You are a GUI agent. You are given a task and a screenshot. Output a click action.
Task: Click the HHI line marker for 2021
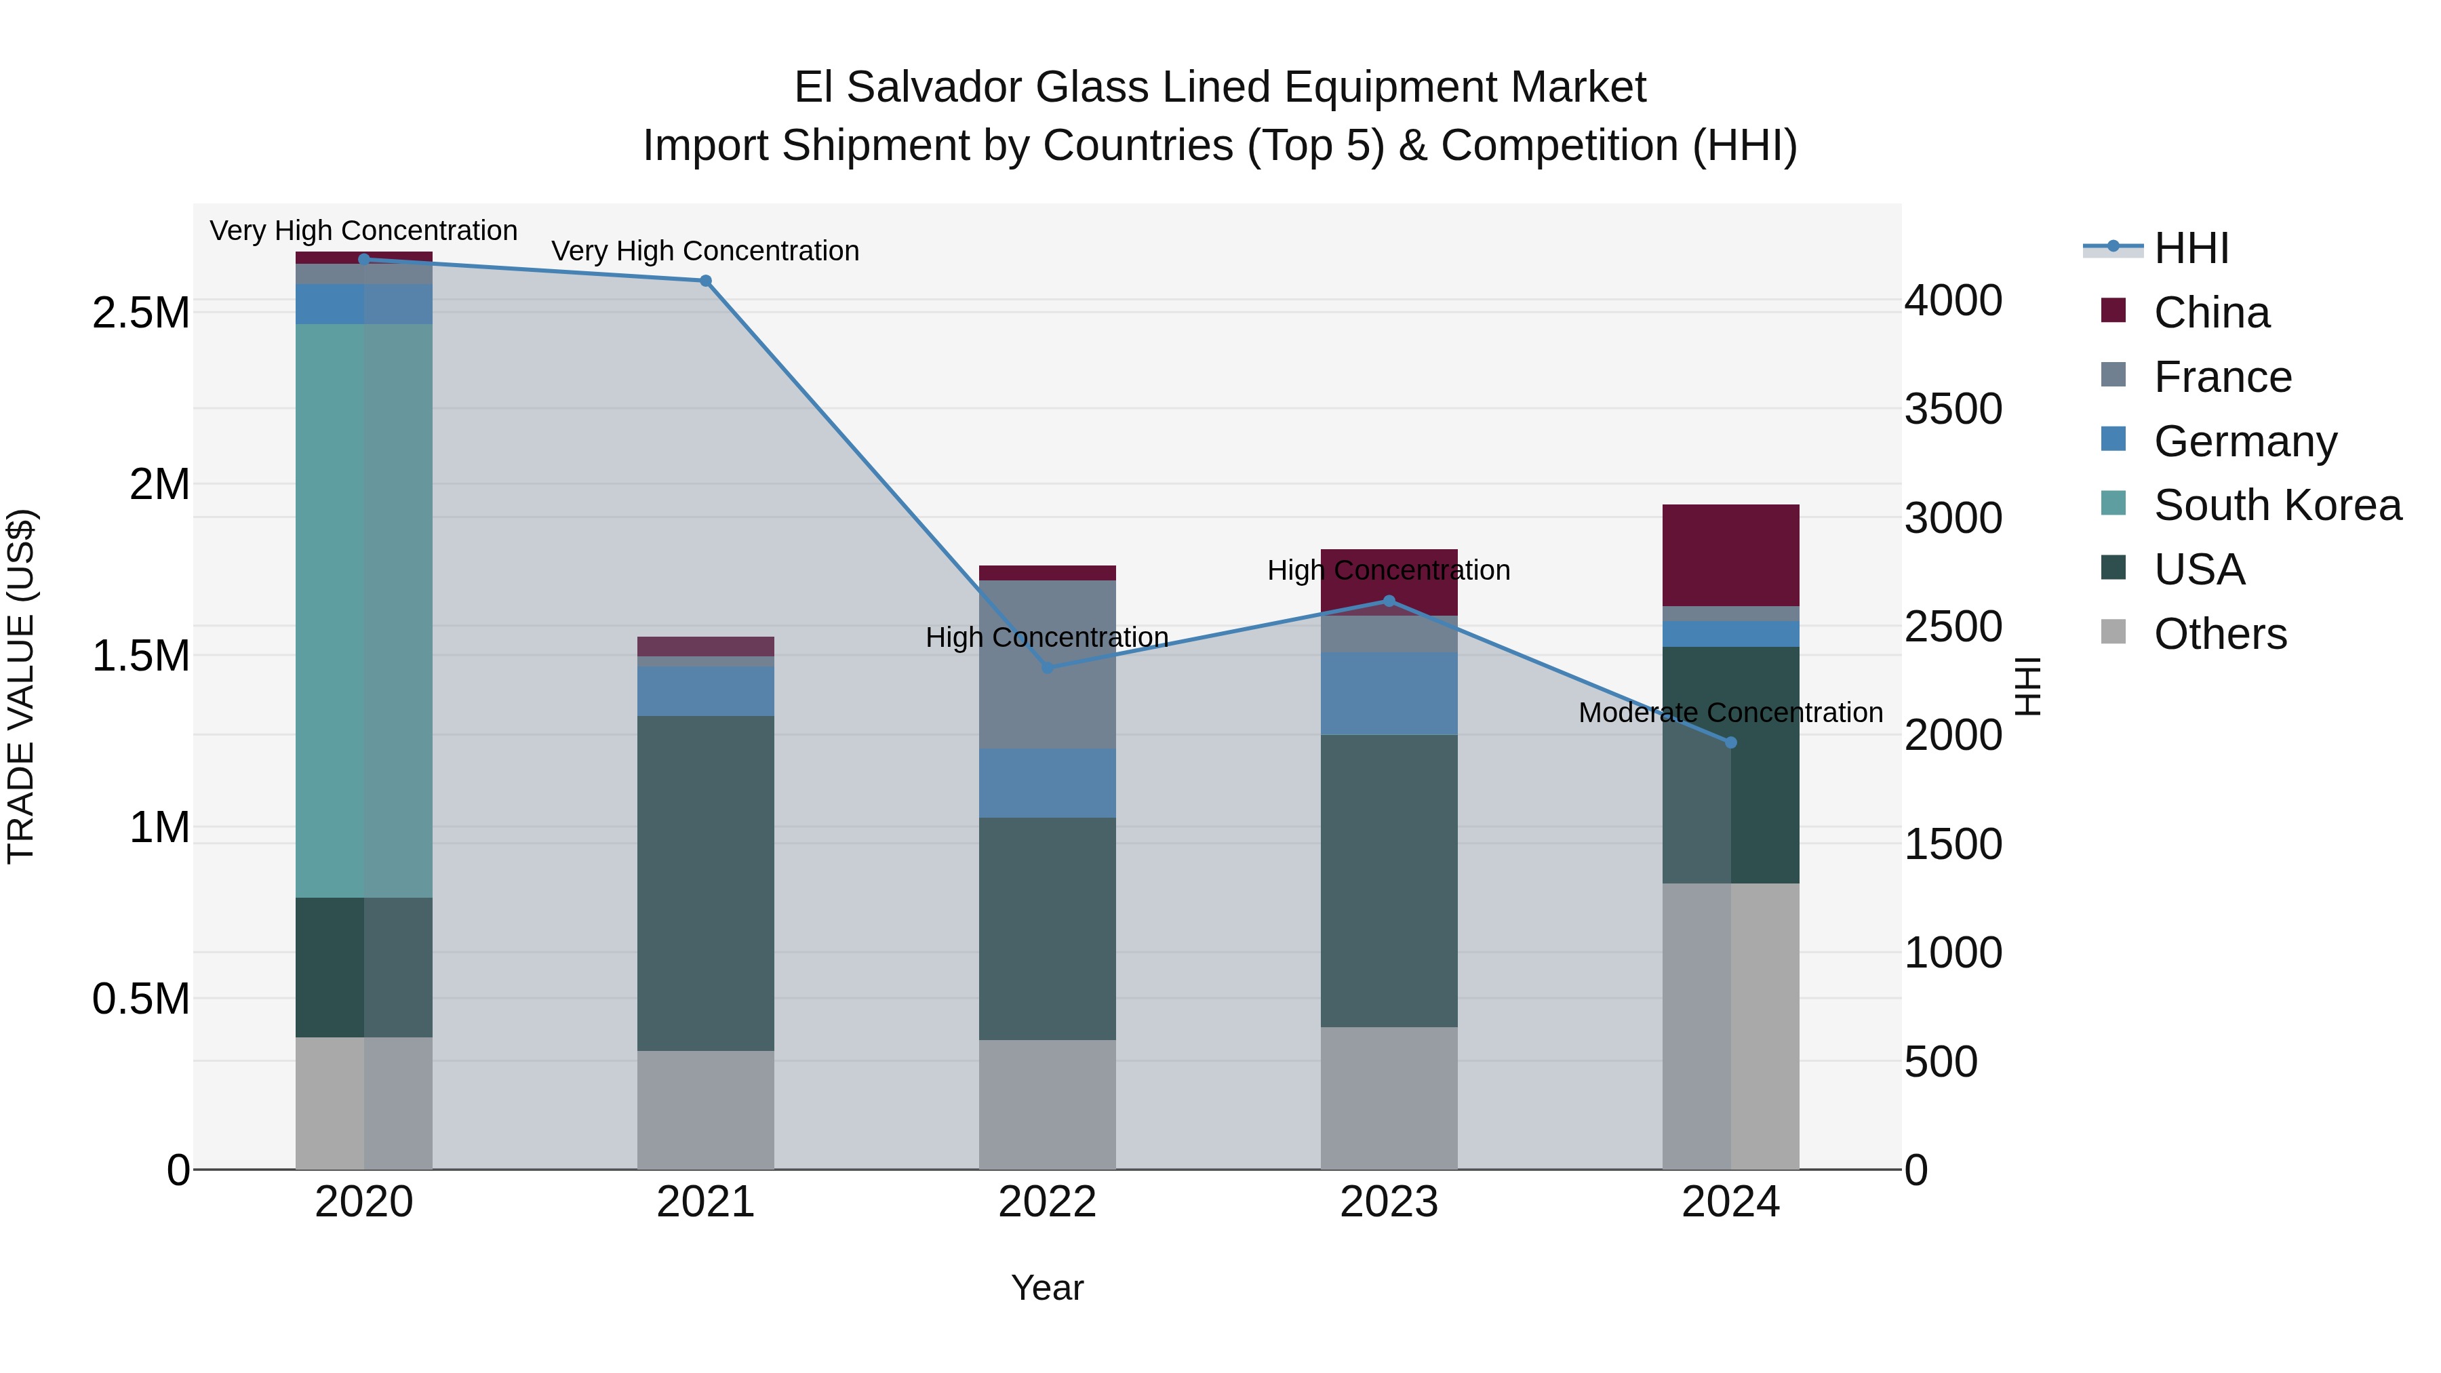coord(705,281)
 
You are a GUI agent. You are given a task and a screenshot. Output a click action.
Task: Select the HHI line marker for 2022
coord(1047,668)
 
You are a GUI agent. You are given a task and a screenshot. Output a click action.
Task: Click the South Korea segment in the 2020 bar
coord(364,610)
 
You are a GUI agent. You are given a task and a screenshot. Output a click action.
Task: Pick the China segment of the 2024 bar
coord(1730,555)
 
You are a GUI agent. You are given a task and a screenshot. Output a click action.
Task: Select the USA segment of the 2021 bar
coord(705,882)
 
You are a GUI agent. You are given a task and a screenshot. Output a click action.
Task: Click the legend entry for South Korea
coord(2276,505)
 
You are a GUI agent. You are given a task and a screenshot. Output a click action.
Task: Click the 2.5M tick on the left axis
coord(141,313)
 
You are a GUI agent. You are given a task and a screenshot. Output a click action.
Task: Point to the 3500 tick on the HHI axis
coord(1953,410)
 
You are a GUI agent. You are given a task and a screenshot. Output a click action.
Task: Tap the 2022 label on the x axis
coord(1047,1202)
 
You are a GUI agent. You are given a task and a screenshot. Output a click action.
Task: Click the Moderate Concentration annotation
coord(1730,713)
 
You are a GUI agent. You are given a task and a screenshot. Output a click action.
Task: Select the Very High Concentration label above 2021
coord(705,251)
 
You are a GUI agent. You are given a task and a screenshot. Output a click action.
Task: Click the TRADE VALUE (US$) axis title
coord(21,686)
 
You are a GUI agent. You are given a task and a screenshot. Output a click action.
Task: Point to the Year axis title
coord(1047,1288)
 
